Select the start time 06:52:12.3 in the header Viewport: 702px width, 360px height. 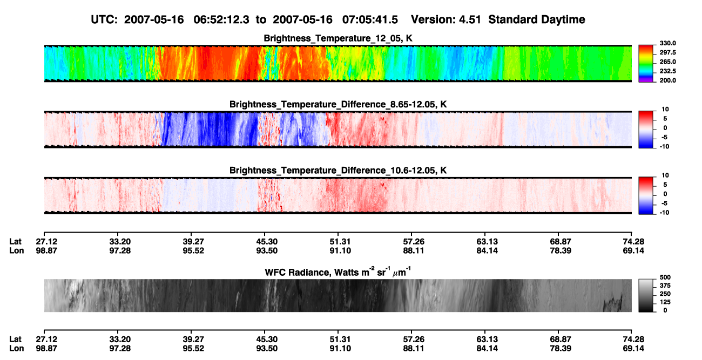[221, 19]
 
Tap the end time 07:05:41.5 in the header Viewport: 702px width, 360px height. [370, 19]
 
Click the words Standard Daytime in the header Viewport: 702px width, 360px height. [537, 19]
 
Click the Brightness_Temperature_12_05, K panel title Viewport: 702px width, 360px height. [338, 38]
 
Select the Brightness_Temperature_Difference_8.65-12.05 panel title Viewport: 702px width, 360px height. [338, 104]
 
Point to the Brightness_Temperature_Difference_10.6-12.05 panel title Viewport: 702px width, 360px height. [338, 171]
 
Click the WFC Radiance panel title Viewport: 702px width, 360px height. [338, 271]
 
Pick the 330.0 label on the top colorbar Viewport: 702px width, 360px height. [667, 43]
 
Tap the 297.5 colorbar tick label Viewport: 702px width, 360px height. [667, 52]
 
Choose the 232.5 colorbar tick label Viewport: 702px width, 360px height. [667, 71]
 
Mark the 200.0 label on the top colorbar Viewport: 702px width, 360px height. [667, 80]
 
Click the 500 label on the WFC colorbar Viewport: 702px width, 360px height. [665, 277]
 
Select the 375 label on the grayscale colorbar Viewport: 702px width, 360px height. [665, 286]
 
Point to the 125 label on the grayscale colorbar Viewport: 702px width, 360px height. [665, 302]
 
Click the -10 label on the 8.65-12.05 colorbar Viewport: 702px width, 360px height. [664, 146]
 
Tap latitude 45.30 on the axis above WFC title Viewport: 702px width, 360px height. [267, 242]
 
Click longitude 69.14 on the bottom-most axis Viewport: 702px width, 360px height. [633, 349]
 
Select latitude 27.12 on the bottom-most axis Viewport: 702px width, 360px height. [46, 339]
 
